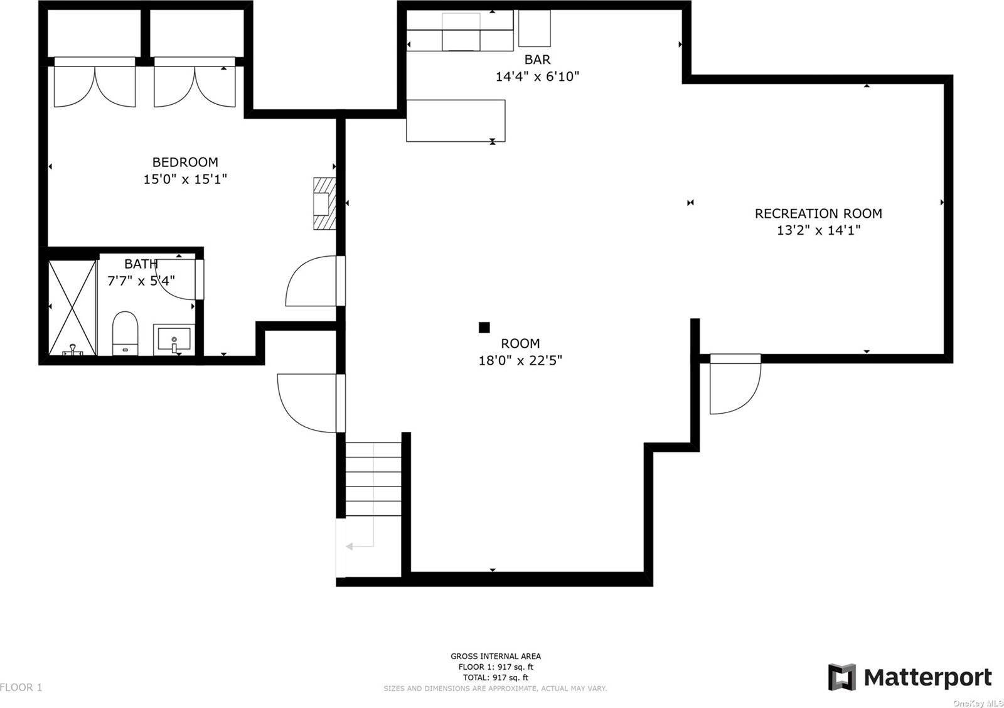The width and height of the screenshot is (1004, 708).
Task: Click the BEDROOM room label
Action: pos(185,162)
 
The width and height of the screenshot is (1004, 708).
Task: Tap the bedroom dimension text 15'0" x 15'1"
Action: pos(185,180)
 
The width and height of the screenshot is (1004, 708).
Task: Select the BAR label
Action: pos(537,59)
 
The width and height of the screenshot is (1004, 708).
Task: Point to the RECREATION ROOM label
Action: pos(818,213)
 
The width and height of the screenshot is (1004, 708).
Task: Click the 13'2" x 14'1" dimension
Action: pos(818,230)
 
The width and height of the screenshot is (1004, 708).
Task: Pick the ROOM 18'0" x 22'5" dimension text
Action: pos(520,360)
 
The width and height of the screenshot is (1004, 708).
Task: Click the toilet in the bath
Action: pos(125,333)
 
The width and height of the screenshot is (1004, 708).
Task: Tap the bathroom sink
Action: pos(174,340)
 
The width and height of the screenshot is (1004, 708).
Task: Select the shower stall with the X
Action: pos(72,308)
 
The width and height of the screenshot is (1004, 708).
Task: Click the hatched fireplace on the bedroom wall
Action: pos(324,203)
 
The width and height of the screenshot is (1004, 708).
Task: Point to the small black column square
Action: pos(484,327)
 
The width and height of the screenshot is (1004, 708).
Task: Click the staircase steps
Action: pos(373,479)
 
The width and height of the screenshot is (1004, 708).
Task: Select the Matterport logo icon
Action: pos(841,677)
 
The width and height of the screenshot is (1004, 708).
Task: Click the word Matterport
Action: pos(928,677)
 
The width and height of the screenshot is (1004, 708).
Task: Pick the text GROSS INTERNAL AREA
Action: pos(496,657)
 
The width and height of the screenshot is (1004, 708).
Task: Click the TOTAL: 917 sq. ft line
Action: pos(496,677)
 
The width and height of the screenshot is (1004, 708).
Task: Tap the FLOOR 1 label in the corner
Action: pos(21,687)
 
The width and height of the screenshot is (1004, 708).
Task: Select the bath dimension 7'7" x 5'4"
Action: pos(141,281)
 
